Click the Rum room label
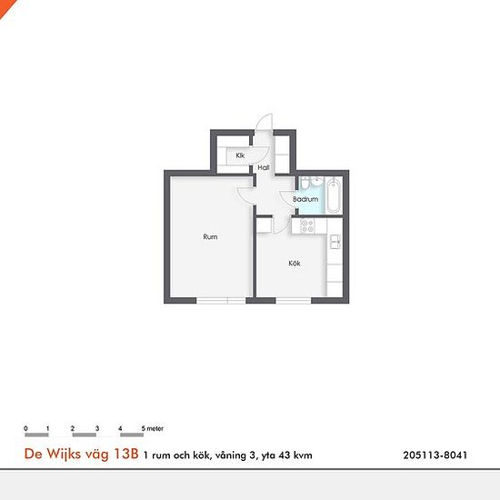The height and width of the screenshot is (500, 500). coord(210,236)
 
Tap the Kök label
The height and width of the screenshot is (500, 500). coord(295,264)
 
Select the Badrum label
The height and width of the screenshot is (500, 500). coord(305,199)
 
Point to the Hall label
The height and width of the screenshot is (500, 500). coord(264,167)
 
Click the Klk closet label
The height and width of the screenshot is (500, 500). coord(240,155)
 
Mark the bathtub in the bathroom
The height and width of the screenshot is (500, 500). coord(334,195)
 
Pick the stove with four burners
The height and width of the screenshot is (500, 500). coord(307,225)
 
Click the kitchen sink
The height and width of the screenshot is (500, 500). coord(335,242)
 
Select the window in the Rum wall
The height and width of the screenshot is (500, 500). coord(221,300)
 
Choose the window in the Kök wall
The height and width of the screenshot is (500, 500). coord(294,300)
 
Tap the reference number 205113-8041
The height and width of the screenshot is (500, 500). coord(435,455)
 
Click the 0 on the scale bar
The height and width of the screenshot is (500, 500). coord(25,428)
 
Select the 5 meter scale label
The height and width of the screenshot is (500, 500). coord(153,428)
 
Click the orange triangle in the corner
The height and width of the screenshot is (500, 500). coord(5,5)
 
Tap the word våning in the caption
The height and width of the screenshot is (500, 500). coord(231,455)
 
